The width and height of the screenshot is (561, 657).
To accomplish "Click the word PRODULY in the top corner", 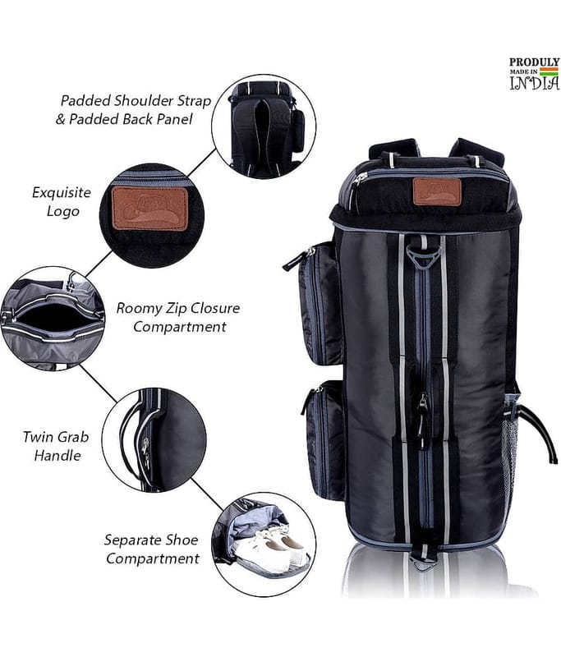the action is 534,62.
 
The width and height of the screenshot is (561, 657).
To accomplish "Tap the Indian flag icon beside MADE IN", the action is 550,71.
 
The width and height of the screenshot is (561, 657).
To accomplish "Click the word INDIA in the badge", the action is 535,84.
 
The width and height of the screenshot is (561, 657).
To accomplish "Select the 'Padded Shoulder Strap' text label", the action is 136,101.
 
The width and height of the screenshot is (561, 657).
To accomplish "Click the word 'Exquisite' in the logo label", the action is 62,193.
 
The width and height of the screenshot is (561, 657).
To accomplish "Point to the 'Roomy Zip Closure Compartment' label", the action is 178,318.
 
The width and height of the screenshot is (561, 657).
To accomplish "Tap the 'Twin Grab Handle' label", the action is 56,446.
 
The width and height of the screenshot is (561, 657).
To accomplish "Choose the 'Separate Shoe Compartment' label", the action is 152,549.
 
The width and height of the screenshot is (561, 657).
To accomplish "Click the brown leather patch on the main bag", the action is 438,191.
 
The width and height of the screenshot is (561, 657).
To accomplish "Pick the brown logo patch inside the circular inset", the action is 149,209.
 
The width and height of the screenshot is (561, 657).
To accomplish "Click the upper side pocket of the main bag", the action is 320,302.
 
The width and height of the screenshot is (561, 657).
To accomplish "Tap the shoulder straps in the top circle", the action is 262,134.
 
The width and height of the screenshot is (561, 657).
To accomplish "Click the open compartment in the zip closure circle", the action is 53,317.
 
